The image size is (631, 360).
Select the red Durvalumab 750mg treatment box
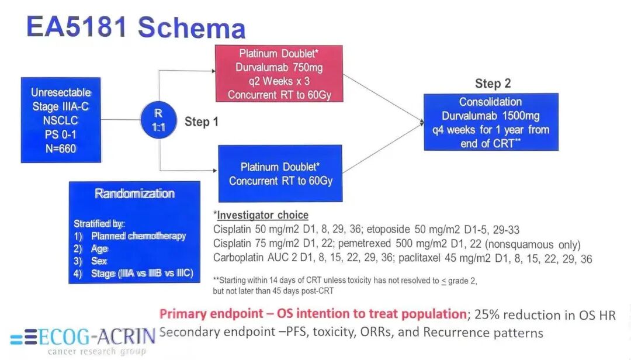click(x=279, y=74)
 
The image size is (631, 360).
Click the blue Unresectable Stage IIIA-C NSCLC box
click(x=61, y=120)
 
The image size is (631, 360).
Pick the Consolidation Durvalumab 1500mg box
click(x=491, y=122)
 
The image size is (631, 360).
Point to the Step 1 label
click(x=202, y=122)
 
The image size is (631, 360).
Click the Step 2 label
click(x=493, y=84)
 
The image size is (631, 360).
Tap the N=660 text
click(x=61, y=148)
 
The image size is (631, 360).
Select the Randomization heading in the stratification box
click(x=134, y=194)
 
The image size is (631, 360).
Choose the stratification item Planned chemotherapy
click(x=138, y=236)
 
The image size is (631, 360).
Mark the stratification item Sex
click(x=99, y=261)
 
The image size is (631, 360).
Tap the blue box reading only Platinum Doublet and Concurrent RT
click(x=280, y=174)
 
